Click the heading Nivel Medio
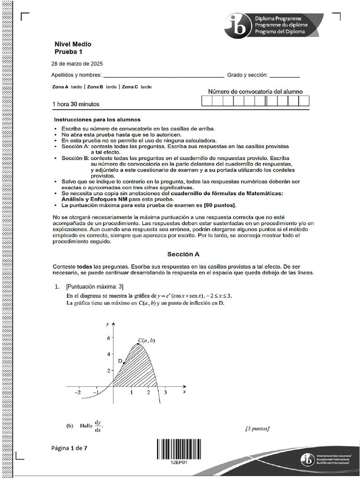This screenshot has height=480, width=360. (73, 44)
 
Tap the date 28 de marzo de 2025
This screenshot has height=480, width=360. (77, 64)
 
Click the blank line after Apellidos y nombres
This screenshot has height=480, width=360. (163, 75)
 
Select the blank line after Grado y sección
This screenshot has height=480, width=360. (285, 75)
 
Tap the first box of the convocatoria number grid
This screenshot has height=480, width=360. (207, 101)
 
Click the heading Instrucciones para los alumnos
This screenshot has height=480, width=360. (97, 120)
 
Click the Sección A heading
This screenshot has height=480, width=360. (184, 254)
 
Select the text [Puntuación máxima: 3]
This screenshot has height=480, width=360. (95, 287)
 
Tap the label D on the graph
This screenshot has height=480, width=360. (120, 360)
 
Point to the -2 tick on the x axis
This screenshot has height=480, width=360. (78, 393)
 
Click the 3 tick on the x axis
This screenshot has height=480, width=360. (165, 393)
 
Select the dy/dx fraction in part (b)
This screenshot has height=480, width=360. (98, 426)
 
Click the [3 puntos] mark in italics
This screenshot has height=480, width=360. (257, 428)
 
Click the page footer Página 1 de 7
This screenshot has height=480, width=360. (69, 448)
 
